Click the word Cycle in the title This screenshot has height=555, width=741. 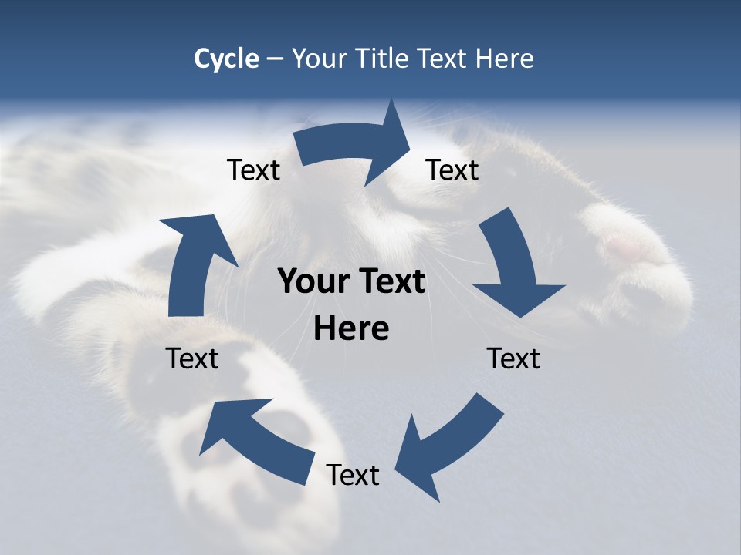click(x=226, y=59)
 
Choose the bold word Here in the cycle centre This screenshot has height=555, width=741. click(x=350, y=328)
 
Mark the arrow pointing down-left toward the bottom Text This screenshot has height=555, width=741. click(x=448, y=447)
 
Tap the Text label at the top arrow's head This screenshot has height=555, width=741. click(x=452, y=170)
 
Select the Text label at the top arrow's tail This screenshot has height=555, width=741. click(x=253, y=170)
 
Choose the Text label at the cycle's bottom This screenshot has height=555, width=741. click(x=353, y=475)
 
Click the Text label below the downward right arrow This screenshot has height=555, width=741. click(x=513, y=358)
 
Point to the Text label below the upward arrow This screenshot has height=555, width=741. click(x=192, y=358)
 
